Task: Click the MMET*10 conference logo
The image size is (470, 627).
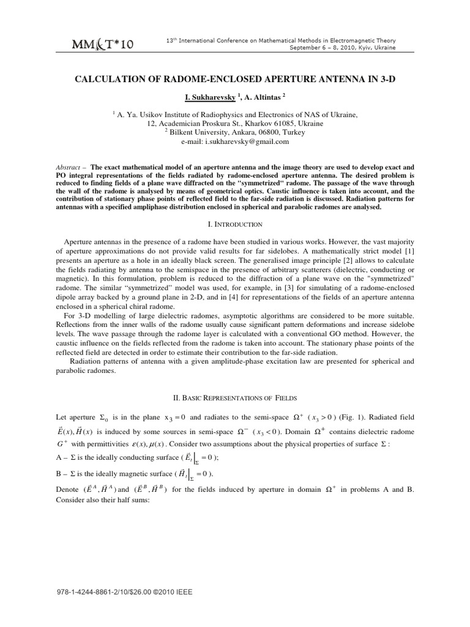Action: pos(103,43)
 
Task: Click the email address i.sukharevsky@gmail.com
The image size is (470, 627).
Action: pos(248,141)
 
